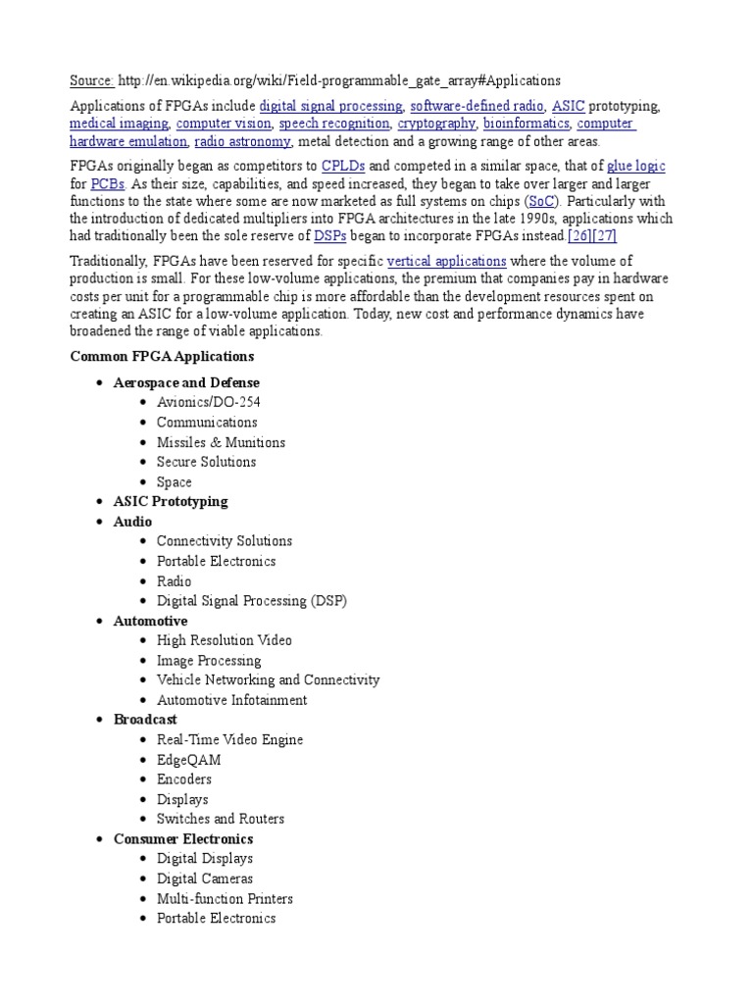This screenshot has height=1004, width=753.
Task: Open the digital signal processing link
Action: [330, 106]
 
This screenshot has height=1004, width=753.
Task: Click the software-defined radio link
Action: [477, 106]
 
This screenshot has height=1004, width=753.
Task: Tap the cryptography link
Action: [436, 125]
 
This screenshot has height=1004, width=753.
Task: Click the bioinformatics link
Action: [526, 125]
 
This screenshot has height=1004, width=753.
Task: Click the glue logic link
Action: [636, 166]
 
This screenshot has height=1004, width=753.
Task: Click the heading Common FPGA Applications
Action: [162, 356]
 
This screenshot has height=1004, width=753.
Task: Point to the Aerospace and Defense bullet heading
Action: [186, 382]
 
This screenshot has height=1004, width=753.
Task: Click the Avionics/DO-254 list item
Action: [209, 402]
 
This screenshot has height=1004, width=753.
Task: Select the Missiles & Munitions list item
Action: [221, 442]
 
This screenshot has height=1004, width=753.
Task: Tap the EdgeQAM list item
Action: [188, 760]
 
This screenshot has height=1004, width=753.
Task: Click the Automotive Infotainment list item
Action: [231, 700]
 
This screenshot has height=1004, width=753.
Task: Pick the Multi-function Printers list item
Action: [225, 899]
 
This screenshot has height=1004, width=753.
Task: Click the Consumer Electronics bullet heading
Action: [183, 839]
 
